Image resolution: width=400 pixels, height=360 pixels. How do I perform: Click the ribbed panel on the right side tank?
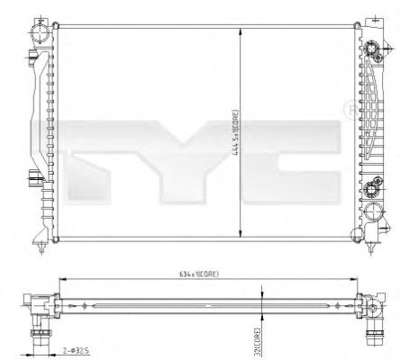(370, 108)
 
